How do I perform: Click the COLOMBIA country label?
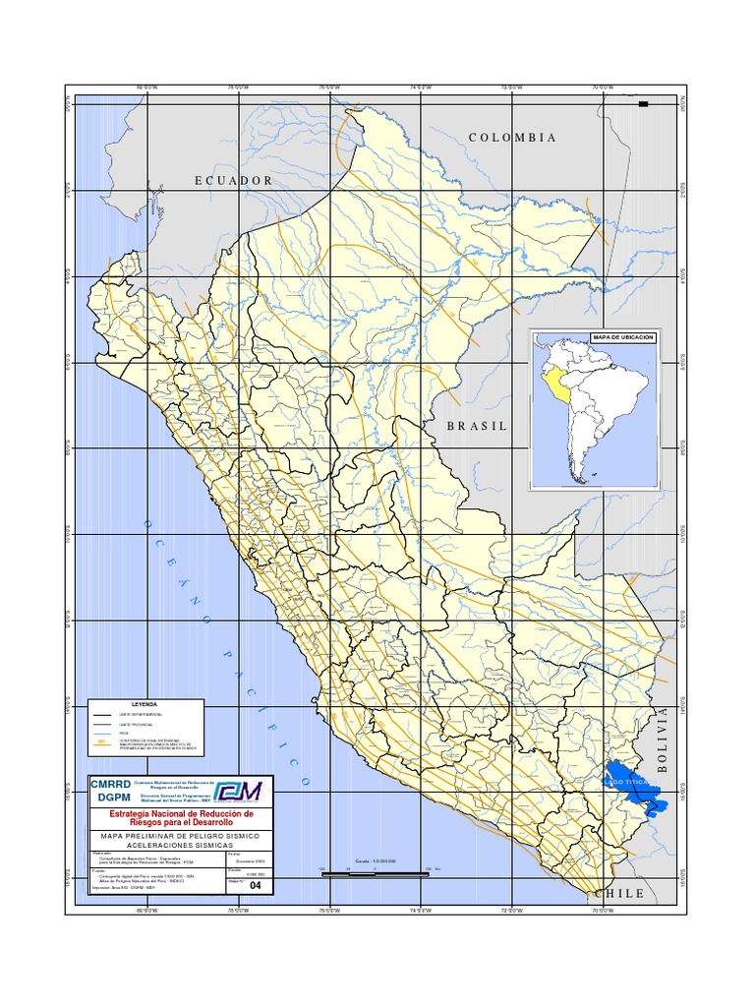[512, 138]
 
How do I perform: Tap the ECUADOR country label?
[233, 181]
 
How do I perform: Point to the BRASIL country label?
[477, 427]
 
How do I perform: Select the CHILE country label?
[619, 894]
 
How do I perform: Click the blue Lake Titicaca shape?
[629, 784]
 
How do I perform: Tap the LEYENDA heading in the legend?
[145, 705]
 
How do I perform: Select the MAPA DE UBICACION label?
[622, 337]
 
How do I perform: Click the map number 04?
[258, 886]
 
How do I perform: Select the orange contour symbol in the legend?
[103, 744]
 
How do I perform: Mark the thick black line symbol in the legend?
[103, 713]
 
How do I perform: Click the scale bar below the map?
[375, 870]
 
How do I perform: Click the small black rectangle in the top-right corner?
[643, 103]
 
